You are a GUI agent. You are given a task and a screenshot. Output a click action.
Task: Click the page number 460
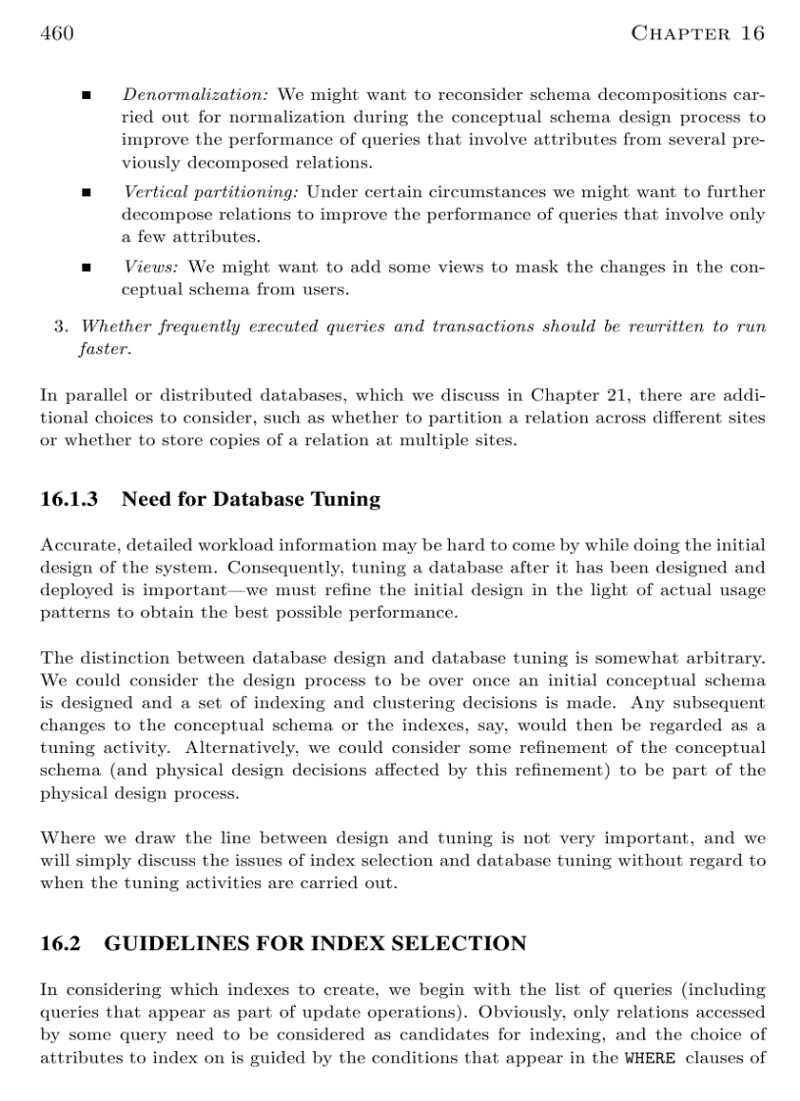coord(57,33)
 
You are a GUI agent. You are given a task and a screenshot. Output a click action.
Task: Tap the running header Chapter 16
coord(697,33)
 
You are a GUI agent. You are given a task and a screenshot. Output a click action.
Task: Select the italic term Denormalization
coord(195,95)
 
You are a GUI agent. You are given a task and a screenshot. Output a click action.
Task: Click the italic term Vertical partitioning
coord(211,192)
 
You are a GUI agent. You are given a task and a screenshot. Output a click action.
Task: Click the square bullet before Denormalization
coord(85,96)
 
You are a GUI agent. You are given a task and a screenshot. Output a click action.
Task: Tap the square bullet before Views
coord(85,268)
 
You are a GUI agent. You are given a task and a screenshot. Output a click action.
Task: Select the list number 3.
coord(60,326)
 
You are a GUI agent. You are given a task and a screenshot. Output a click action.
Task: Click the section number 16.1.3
coord(70,499)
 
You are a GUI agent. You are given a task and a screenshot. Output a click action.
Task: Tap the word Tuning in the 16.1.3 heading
coord(345,499)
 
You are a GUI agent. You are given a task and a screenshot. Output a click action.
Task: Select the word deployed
coord(79,589)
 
